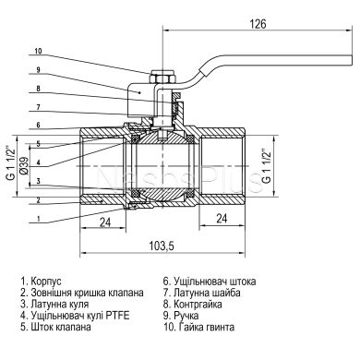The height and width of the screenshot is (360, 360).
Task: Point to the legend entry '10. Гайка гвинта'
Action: (x=202, y=327)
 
